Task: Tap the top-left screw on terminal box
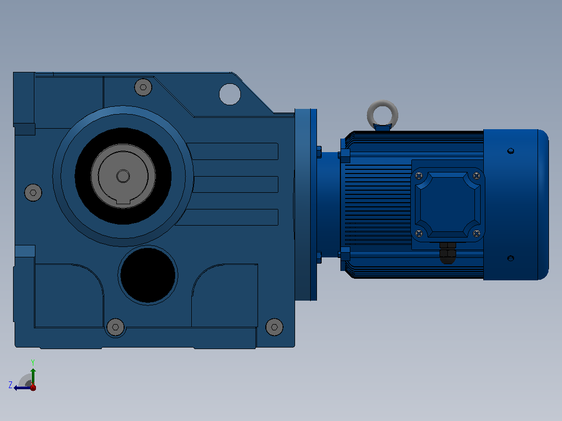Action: pos(419,176)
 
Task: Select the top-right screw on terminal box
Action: pos(477,176)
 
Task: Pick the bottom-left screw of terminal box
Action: pos(419,233)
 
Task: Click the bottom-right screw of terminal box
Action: pos(477,233)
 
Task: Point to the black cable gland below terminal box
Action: pos(448,253)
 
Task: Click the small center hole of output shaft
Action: pos(123,176)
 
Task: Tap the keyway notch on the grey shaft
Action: pos(123,205)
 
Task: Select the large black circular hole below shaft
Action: pos(148,275)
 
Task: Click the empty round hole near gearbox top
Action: pos(230,94)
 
